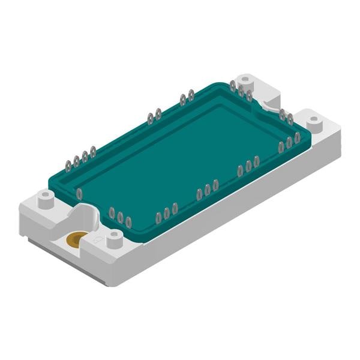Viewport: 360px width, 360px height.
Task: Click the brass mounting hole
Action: tap(76, 240)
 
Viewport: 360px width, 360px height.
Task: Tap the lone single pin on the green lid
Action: tap(79, 194)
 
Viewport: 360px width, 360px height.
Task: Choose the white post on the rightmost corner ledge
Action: tap(314, 122)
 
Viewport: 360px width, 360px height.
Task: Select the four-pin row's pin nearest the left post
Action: tap(68, 163)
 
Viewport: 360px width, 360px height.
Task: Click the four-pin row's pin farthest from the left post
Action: tap(93, 152)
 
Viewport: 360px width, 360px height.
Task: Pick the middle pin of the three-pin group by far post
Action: tap(241, 91)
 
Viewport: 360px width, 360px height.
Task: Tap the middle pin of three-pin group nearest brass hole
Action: tap(120, 217)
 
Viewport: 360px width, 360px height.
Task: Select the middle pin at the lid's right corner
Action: tap(289, 142)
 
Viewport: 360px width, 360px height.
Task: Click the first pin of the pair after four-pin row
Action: tap(151, 118)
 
